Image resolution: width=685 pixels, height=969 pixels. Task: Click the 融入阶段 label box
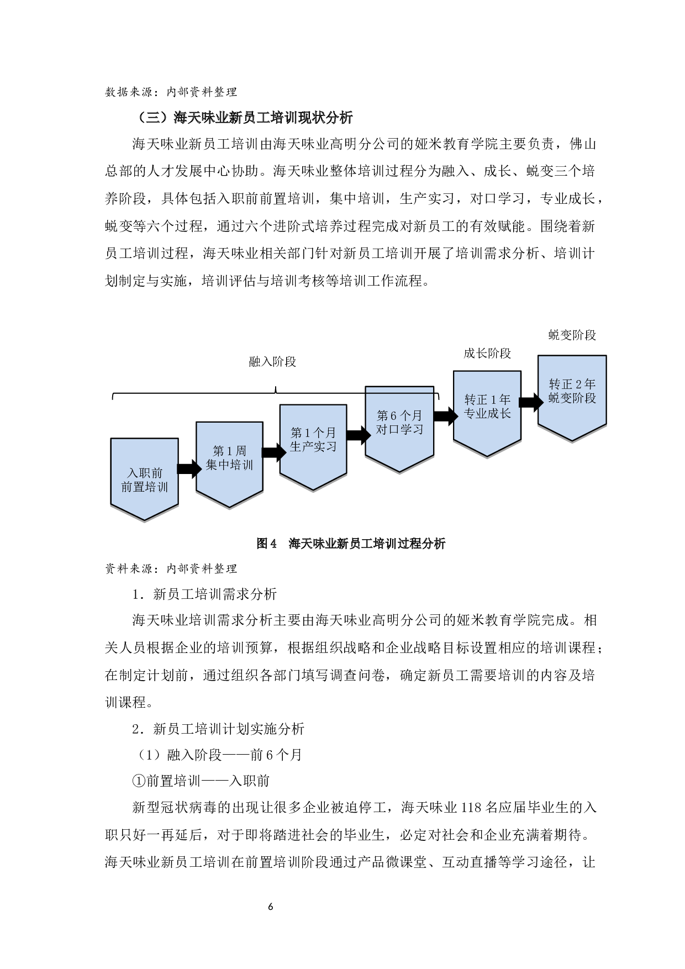(x=277, y=364)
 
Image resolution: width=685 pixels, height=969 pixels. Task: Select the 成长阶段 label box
(x=493, y=355)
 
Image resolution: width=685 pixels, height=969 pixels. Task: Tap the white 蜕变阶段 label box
(x=576, y=336)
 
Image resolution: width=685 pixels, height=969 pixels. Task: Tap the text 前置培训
(x=145, y=487)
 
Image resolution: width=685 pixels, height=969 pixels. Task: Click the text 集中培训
(x=229, y=465)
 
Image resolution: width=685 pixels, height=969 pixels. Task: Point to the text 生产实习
(x=313, y=447)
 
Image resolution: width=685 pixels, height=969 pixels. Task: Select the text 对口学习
(x=399, y=429)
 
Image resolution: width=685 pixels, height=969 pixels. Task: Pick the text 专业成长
(x=487, y=413)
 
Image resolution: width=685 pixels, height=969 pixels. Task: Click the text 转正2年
(x=572, y=384)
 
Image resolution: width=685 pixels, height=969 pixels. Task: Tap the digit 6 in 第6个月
(x=393, y=416)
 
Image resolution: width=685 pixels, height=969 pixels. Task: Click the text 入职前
(x=145, y=473)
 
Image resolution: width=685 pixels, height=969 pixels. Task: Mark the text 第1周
(x=229, y=451)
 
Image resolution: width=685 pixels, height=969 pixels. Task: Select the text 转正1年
(x=487, y=399)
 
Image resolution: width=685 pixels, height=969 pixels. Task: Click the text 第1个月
(x=313, y=433)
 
